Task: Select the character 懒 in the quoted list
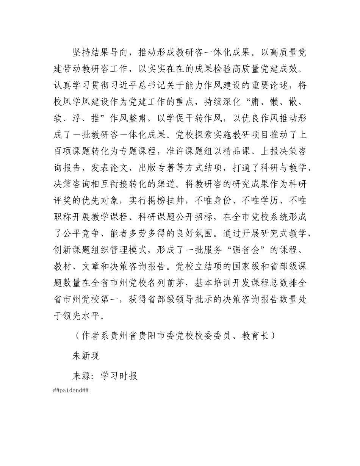(272, 102)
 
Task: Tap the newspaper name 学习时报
(119, 375)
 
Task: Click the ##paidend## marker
(71, 391)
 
